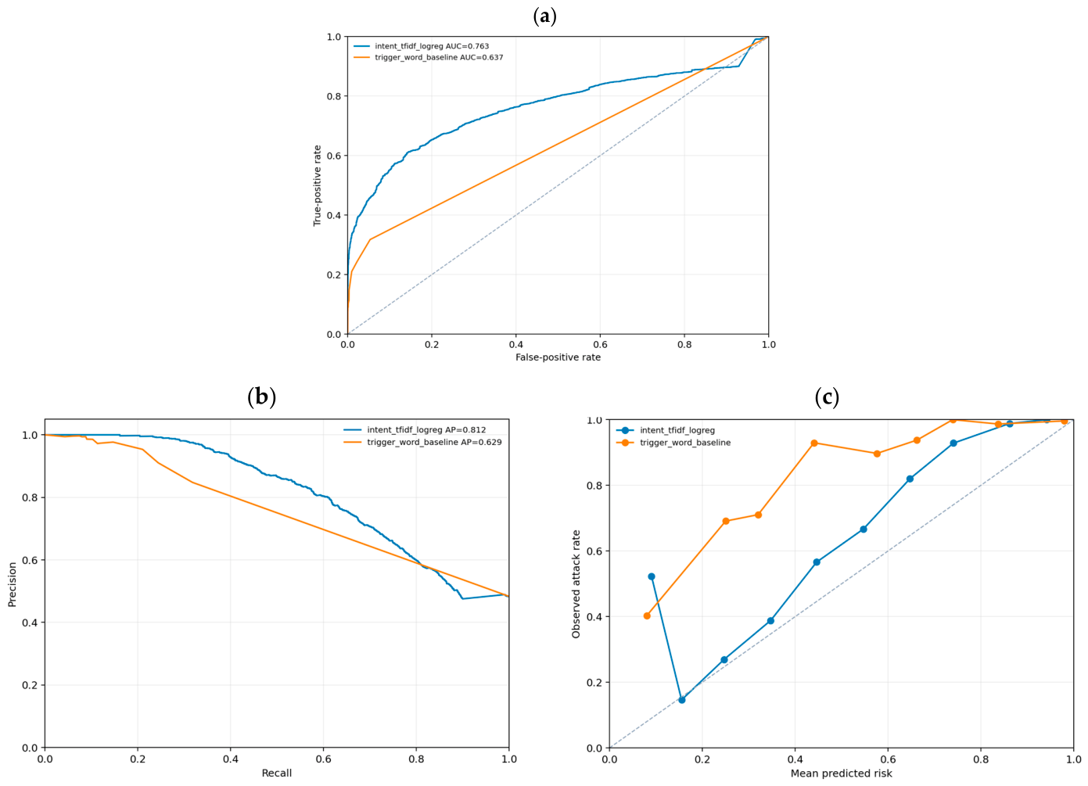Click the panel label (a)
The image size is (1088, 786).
544,17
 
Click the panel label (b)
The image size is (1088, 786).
262,397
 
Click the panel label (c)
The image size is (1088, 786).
827,397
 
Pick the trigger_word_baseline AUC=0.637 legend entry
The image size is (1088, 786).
429,57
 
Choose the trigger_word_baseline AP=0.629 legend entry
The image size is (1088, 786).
422,442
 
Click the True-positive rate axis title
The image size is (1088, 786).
318,185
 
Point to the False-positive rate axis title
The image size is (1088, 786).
558,357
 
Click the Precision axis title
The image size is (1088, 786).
13,584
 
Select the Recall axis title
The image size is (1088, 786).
277,773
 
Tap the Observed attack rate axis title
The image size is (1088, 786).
576,584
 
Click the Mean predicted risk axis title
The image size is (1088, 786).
842,773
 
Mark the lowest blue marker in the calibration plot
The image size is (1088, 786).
682,700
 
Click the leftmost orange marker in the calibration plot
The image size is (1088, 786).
647,616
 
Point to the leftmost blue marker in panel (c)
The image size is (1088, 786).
652,576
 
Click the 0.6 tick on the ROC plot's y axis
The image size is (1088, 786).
334,156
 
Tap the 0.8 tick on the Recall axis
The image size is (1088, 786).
416,759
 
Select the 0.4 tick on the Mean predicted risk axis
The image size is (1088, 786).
795,759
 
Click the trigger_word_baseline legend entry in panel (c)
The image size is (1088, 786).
673,443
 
